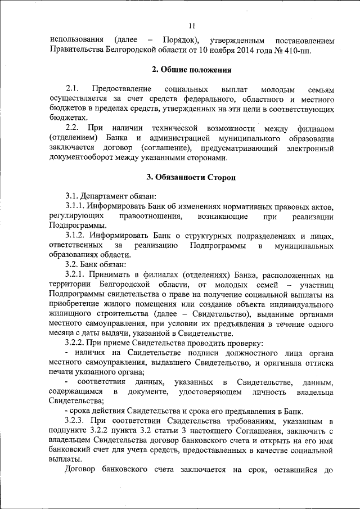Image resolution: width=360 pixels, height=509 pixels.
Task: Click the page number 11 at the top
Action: click(x=191, y=25)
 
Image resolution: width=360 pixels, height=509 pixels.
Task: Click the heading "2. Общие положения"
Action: click(x=191, y=70)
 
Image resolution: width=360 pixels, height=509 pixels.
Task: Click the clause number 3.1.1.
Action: click(x=77, y=206)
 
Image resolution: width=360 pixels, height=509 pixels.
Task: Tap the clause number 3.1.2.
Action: click(x=77, y=236)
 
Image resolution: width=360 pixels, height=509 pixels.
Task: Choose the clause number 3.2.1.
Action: click(x=77, y=275)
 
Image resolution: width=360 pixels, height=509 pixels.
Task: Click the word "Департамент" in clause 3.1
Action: click(x=110, y=196)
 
